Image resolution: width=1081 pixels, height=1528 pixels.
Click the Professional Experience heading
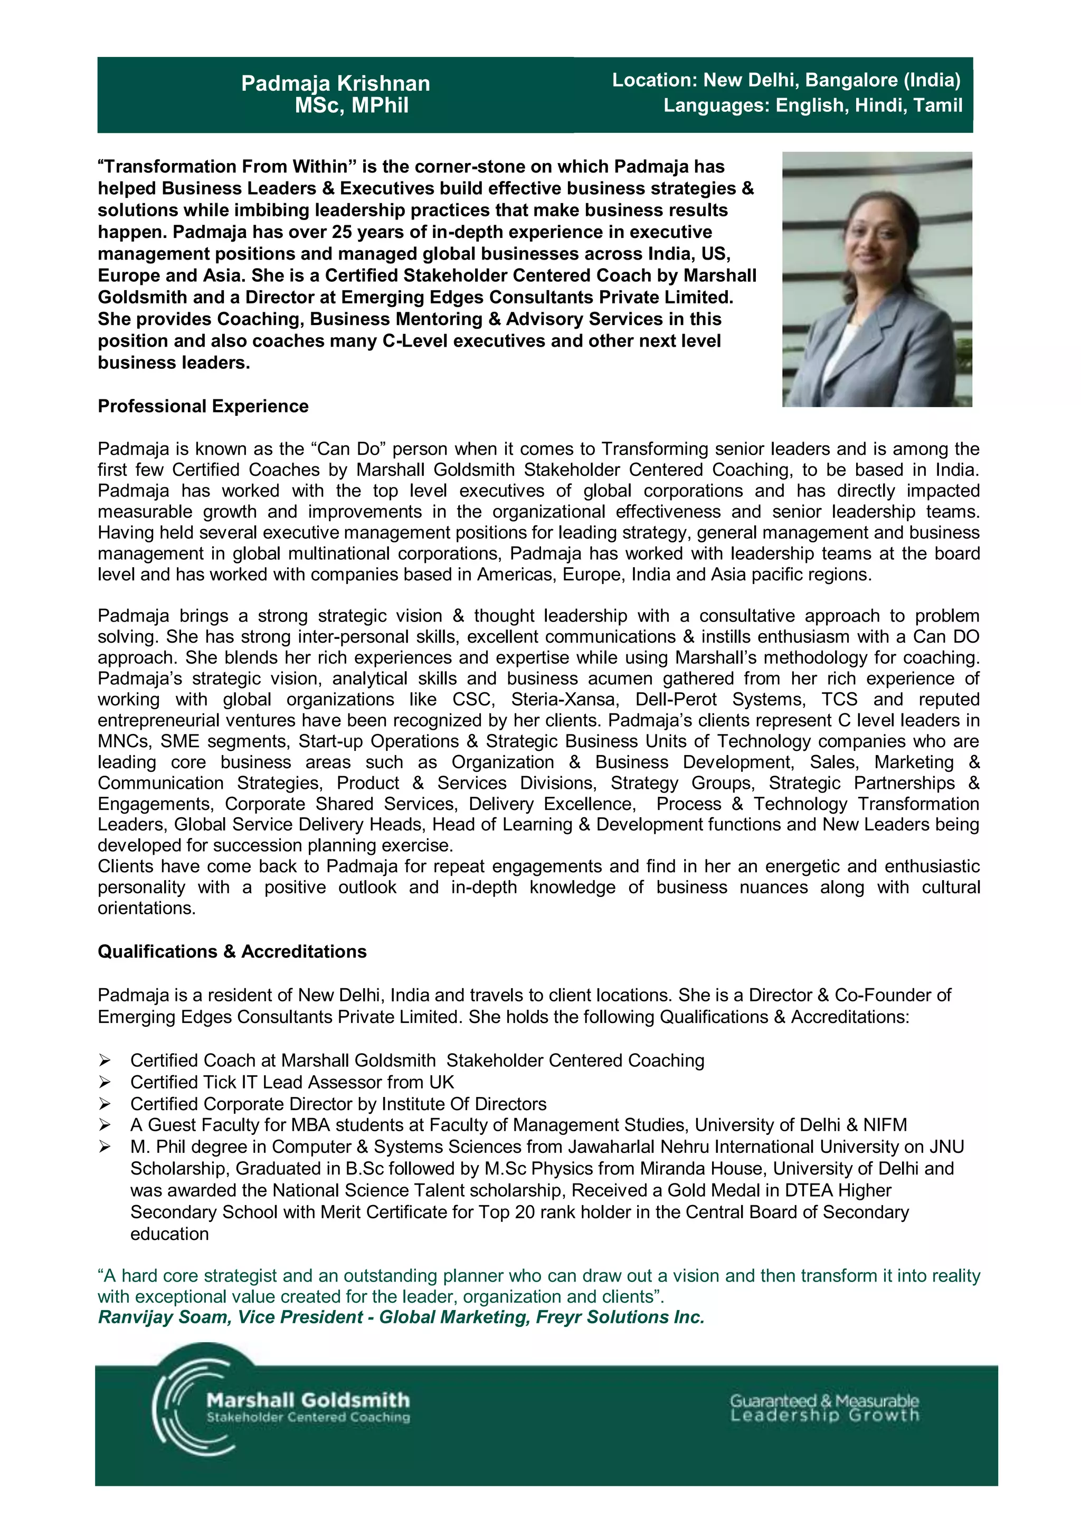point(203,407)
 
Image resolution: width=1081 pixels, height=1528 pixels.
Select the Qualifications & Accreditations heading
point(232,952)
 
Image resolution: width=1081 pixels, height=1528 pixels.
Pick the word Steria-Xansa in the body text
point(563,700)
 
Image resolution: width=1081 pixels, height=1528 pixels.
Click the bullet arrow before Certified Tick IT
point(105,1083)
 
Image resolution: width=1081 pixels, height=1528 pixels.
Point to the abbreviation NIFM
point(885,1125)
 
